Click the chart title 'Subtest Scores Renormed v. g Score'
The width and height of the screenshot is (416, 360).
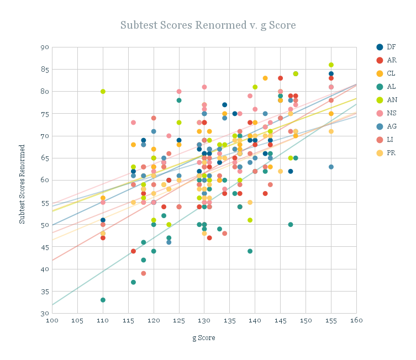point(208,25)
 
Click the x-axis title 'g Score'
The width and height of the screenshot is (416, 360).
point(204,337)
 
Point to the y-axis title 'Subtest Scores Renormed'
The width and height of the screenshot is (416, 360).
point(23,184)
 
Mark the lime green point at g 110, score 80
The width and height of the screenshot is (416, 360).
point(103,92)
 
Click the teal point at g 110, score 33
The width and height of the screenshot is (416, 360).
point(103,300)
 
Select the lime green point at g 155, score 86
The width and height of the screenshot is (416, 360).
point(331,65)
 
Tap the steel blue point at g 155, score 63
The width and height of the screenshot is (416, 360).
point(331,167)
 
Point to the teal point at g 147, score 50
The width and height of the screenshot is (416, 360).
point(291,225)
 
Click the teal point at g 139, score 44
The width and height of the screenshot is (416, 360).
point(250,251)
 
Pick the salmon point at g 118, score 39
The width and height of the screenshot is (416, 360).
point(144,273)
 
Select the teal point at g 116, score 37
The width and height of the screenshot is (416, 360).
point(133,282)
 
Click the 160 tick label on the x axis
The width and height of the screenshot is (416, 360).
point(356,320)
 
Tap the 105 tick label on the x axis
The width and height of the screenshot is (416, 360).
point(77,320)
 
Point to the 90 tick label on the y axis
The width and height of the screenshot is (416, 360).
point(44,47)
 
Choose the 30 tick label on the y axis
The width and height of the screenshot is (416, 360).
point(44,314)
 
